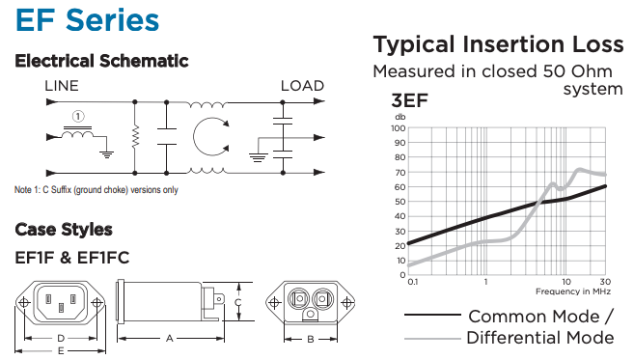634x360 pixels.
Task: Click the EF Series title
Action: pyautogui.click(x=88, y=20)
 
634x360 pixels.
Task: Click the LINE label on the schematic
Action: pyautogui.click(x=62, y=86)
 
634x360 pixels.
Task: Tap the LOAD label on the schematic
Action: pyautogui.click(x=302, y=86)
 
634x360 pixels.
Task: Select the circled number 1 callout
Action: pyautogui.click(x=78, y=117)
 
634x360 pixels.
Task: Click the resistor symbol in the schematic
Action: pyautogui.click(x=135, y=136)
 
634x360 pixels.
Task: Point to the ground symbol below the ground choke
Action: pyautogui.click(x=107, y=154)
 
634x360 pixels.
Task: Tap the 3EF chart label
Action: pyautogui.click(x=409, y=100)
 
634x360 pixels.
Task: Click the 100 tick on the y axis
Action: pyautogui.click(x=398, y=128)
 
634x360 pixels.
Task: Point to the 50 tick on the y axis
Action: pyautogui.click(x=400, y=202)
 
